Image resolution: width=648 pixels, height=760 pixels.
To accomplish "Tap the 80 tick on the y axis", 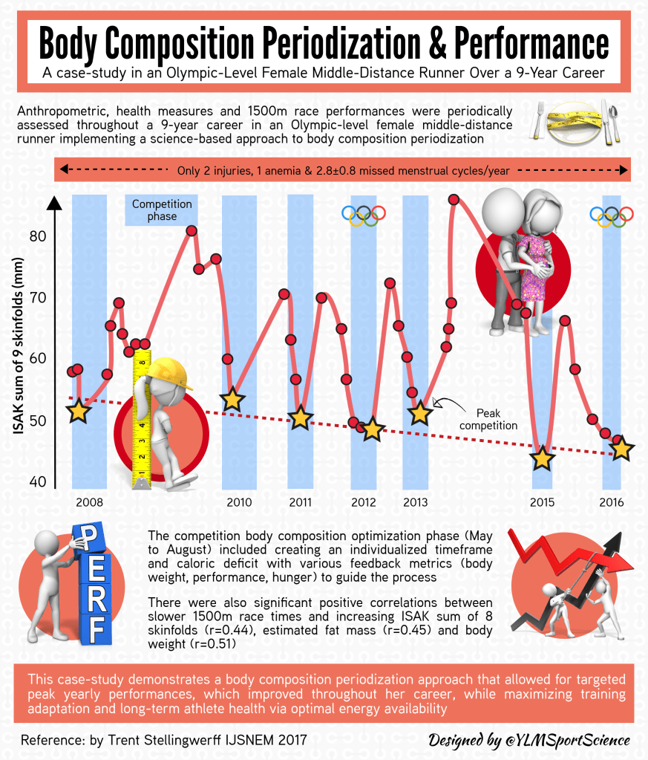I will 38,236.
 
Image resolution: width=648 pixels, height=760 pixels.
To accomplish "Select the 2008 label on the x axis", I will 90,502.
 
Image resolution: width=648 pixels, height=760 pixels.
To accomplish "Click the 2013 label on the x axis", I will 416,502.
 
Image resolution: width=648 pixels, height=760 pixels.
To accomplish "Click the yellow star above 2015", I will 543,458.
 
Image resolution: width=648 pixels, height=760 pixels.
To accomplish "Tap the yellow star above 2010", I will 233,399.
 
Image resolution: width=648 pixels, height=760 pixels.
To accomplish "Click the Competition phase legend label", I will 162,210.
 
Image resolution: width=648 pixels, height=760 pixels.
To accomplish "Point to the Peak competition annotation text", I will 488,419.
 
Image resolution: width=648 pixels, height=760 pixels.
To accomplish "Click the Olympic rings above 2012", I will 364,215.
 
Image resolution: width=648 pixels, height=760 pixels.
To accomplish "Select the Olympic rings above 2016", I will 612,215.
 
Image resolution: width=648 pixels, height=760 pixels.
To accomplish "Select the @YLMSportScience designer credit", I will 529,740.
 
